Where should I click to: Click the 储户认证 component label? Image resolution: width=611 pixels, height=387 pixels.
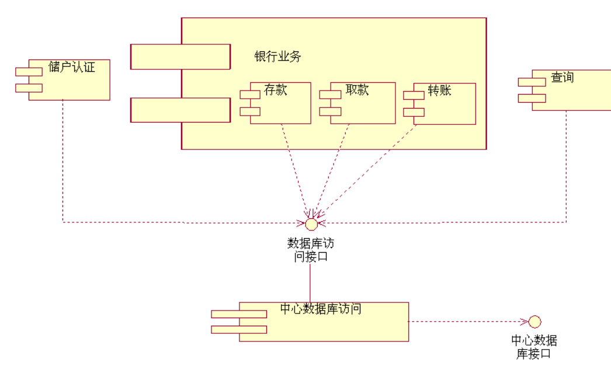71,68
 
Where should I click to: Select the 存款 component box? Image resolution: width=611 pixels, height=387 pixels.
280,105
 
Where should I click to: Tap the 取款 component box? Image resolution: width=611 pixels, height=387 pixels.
362,105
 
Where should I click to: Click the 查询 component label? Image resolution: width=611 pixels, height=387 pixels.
562,77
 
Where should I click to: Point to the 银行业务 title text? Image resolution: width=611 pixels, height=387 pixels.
277,57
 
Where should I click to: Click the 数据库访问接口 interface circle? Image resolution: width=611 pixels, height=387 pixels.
311,224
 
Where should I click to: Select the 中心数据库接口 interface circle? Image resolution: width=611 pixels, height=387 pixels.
534,322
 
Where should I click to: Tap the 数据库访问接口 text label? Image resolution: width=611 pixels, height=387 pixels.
311,250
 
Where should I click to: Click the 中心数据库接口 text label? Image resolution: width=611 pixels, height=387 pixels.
534,347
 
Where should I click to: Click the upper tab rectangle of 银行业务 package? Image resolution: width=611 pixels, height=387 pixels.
180,57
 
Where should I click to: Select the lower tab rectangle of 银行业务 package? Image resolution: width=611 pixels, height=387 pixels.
180,110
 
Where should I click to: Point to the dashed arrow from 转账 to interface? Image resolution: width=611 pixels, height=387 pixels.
368,169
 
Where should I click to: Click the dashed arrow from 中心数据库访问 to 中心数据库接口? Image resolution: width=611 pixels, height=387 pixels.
467,322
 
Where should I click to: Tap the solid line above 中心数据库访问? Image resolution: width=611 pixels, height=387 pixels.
310,283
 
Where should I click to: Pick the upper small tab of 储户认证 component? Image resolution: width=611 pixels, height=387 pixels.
29,72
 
